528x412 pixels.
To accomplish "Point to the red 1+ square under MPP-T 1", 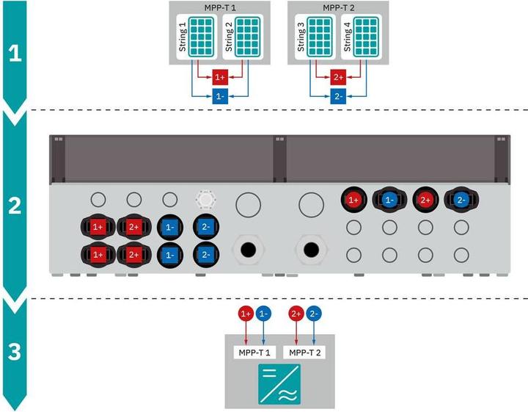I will click(220, 78).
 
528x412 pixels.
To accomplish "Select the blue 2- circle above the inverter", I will click(314, 314).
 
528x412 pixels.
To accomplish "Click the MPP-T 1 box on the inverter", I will click(254, 353).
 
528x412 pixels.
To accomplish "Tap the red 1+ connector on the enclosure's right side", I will click(353, 199).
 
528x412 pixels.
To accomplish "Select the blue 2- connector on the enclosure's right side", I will click(459, 199).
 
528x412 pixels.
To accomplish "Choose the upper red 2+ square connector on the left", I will click(133, 228).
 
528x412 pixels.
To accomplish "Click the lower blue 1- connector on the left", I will click(169, 254).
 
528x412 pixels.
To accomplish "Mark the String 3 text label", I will click(300, 37).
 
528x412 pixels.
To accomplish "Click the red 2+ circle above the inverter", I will click(296, 314).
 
